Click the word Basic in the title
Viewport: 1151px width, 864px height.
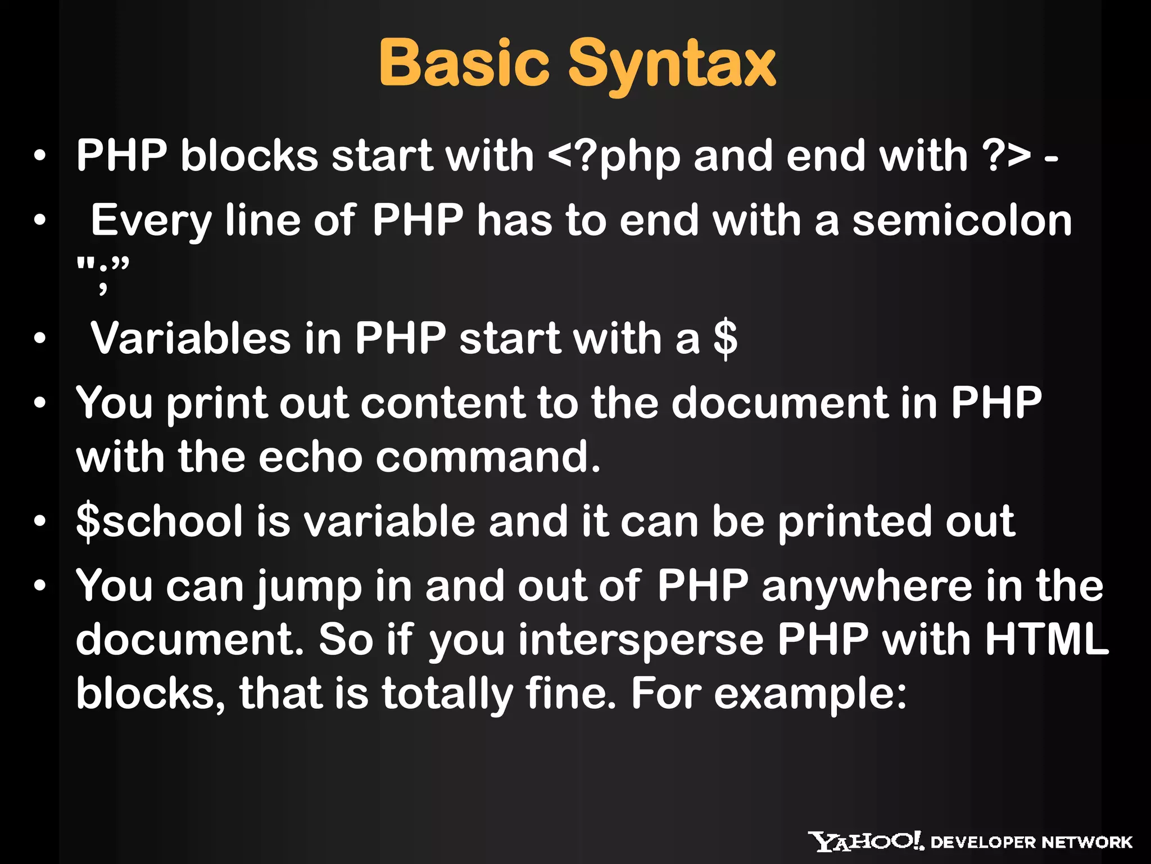coord(464,63)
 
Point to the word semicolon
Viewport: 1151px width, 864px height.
coord(962,220)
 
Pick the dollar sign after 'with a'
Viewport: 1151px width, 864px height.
coord(725,339)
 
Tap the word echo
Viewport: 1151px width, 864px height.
coord(310,457)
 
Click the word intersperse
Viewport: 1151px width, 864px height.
coord(641,640)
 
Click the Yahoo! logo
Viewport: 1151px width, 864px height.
coord(866,841)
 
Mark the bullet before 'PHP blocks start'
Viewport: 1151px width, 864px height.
coord(39,156)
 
